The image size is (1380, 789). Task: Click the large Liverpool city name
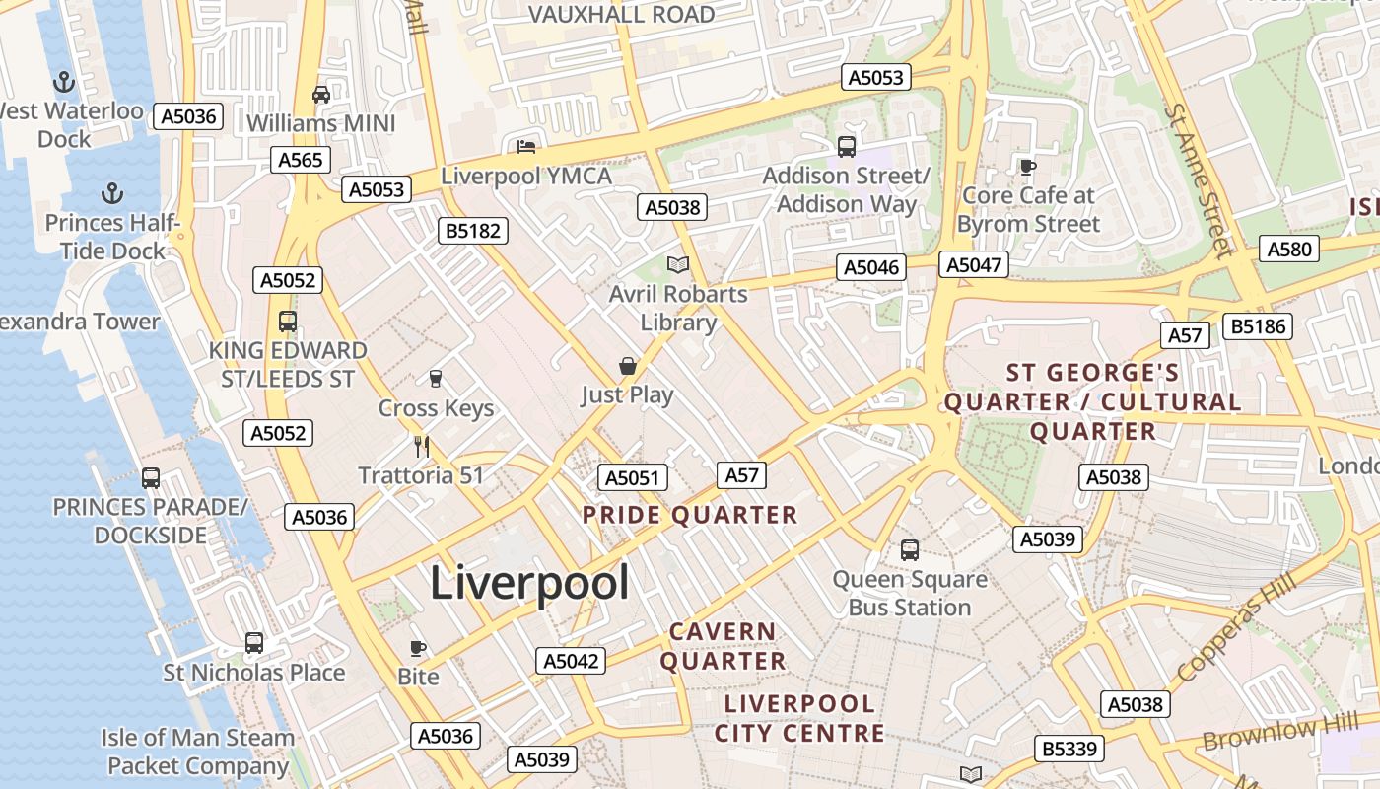pos(529,583)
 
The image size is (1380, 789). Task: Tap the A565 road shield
pos(301,160)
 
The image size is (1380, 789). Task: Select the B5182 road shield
pos(473,231)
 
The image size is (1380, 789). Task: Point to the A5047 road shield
pos(973,264)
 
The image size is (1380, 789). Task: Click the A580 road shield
pos(1289,249)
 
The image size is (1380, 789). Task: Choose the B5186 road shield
pos(1257,325)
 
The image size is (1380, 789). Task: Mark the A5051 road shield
pos(632,478)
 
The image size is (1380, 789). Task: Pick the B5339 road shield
pos(1069,749)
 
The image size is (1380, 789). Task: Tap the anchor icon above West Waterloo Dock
pos(64,82)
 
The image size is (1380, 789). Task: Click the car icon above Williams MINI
pos(320,95)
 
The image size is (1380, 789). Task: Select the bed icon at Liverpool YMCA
pos(526,147)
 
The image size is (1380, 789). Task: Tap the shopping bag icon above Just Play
pos(627,367)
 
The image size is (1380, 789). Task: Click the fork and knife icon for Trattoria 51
pos(422,447)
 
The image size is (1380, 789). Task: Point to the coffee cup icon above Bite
pos(418,648)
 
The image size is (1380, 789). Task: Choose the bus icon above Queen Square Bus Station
pos(909,549)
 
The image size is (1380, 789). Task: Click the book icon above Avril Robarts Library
pos(677,264)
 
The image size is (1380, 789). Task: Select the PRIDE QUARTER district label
pos(689,515)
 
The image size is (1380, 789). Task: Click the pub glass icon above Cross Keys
pos(435,379)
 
